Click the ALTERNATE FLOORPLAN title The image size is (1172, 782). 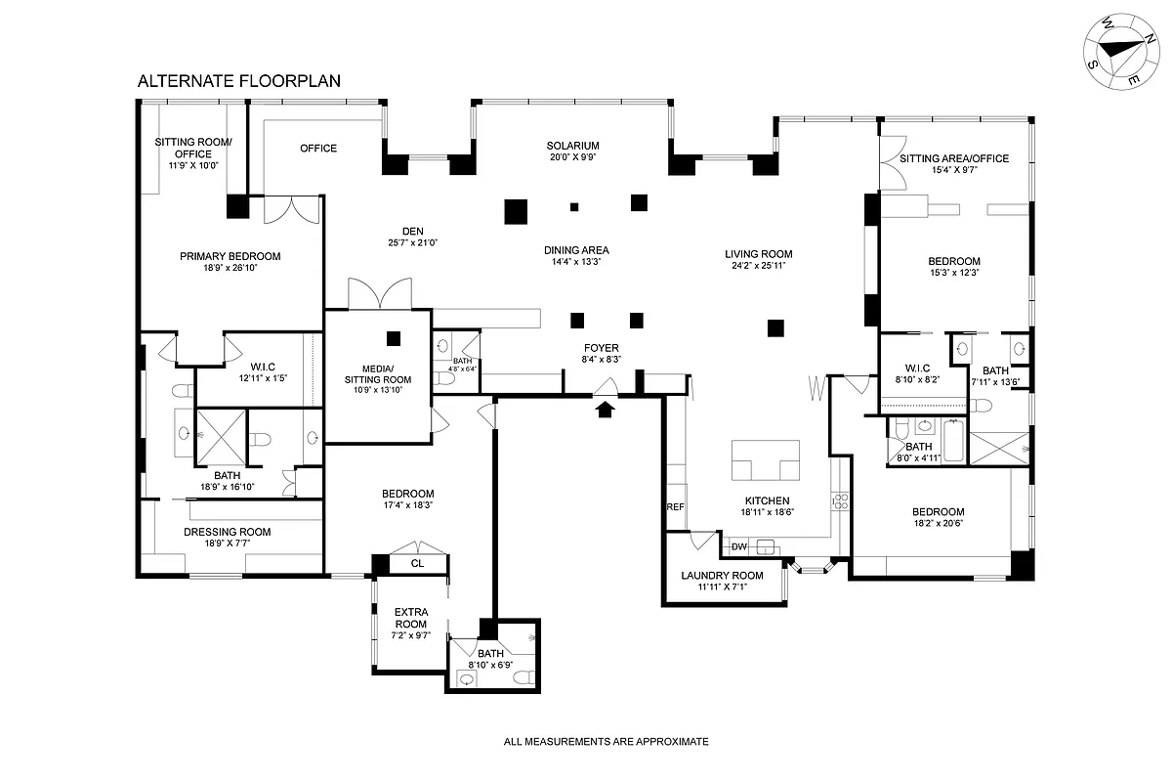point(238,81)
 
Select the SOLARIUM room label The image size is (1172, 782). point(572,146)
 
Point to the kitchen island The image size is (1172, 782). point(767,461)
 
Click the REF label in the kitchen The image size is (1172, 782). point(675,507)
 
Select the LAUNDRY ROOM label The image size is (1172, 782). point(722,575)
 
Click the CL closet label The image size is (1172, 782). point(417,563)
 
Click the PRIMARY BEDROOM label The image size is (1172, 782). point(230,256)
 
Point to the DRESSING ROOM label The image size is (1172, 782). point(228,532)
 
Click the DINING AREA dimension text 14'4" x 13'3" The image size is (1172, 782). point(576,262)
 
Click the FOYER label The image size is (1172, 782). point(602,348)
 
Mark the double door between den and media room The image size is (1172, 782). point(375,294)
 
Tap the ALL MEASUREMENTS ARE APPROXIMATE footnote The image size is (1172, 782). point(606,742)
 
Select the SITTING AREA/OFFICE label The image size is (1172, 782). point(953,158)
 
